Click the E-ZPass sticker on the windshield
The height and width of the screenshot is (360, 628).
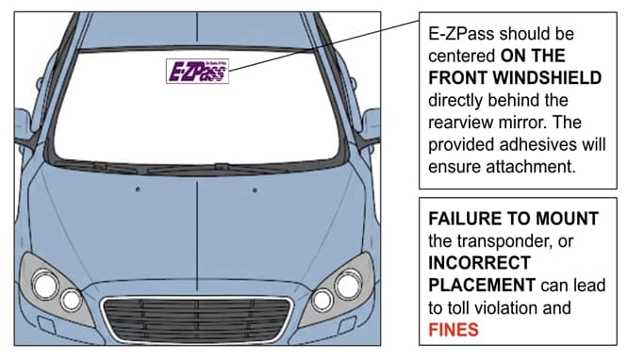point(197,72)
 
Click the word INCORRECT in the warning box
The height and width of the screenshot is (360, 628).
point(481,263)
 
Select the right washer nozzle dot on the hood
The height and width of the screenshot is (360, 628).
point(255,190)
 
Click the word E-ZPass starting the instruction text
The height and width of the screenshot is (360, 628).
point(463,33)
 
